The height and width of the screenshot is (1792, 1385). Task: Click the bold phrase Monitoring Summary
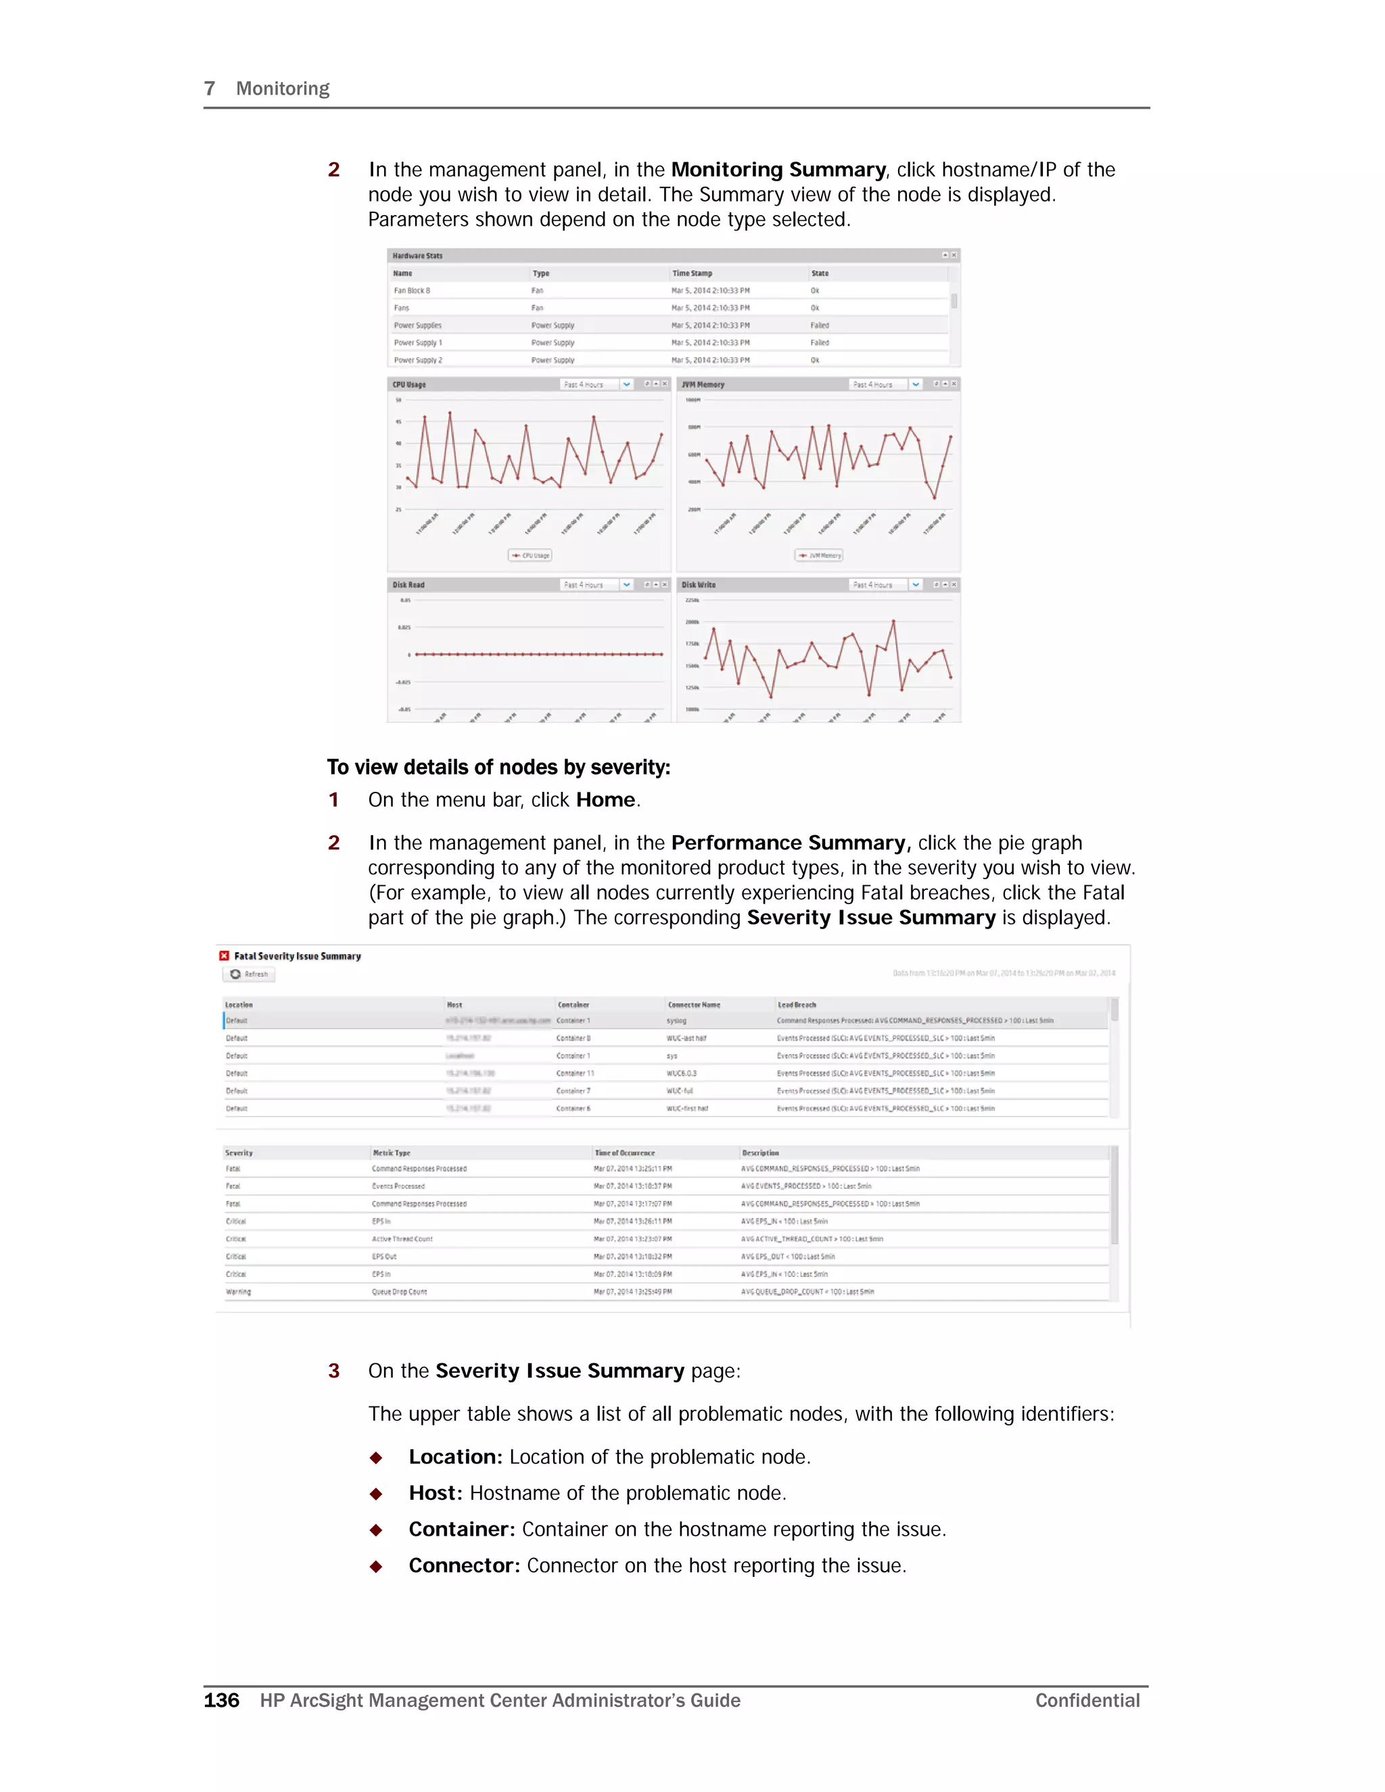pyautogui.click(x=778, y=170)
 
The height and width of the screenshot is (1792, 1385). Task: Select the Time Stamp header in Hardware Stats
pyautogui.click(x=692, y=273)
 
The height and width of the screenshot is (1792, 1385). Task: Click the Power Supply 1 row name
pyautogui.click(x=418, y=343)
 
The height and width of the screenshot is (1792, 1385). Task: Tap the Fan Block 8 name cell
pyautogui.click(x=412, y=291)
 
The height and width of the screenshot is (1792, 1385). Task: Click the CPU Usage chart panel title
pyautogui.click(x=408, y=384)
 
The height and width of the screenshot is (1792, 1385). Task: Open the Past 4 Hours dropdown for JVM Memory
pyautogui.click(x=916, y=384)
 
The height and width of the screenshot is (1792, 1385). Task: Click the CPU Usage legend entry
pyautogui.click(x=530, y=555)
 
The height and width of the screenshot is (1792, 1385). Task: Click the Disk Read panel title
pyautogui.click(x=408, y=585)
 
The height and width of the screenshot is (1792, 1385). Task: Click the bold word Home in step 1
pyautogui.click(x=605, y=800)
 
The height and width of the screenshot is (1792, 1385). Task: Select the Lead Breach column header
pyautogui.click(x=797, y=1004)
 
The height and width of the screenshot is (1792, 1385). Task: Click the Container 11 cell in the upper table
pyautogui.click(x=576, y=1073)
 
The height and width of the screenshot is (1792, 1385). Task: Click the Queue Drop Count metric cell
pyautogui.click(x=400, y=1292)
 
